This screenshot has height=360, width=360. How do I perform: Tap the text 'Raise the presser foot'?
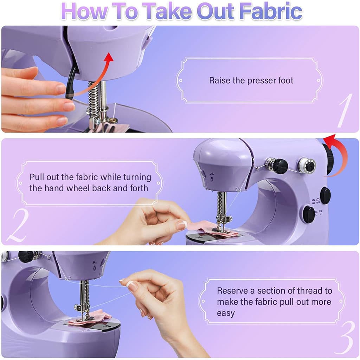(251, 81)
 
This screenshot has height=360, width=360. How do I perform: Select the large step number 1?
(345, 110)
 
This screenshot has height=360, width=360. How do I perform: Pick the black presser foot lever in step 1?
(71, 83)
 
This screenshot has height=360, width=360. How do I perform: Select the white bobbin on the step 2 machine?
(307, 165)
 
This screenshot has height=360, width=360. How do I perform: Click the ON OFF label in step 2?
(316, 201)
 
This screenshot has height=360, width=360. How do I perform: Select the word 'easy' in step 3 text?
(226, 313)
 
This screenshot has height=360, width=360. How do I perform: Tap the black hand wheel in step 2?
(329, 159)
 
